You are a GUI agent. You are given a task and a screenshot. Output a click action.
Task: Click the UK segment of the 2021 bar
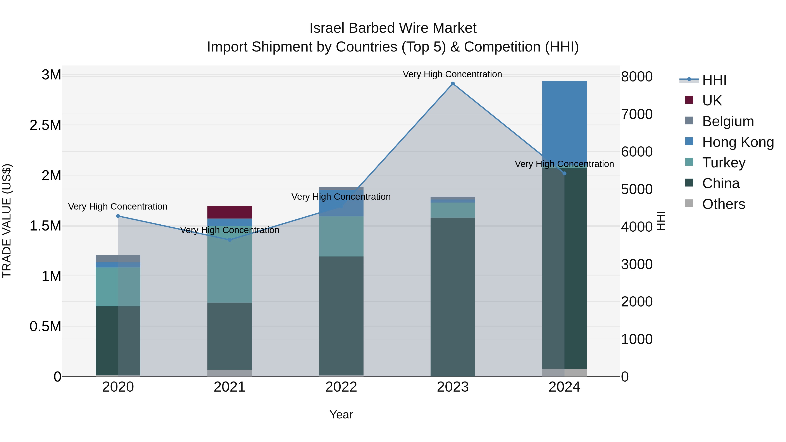pyautogui.click(x=229, y=212)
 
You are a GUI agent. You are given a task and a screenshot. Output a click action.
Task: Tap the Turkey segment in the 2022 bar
pyautogui.click(x=341, y=236)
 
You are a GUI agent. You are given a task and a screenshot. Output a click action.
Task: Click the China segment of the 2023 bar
pyautogui.click(x=453, y=296)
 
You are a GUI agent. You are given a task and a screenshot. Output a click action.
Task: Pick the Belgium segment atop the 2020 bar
pyautogui.click(x=118, y=258)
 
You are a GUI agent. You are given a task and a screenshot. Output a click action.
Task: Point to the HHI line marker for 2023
pyautogui.click(x=453, y=84)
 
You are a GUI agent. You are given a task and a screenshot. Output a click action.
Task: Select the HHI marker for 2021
pyautogui.click(x=230, y=240)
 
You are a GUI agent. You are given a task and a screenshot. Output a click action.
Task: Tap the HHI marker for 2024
pyautogui.click(x=564, y=173)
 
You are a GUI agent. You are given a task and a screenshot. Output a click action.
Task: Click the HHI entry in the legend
pyautogui.click(x=714, y=80)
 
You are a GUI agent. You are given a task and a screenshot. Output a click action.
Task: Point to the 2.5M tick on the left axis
pyautogui.click(x=45, y=125)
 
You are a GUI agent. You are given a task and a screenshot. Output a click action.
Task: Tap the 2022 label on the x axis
pyautogui.click(x=341, y=387)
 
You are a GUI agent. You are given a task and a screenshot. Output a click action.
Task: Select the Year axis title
pyautogui.click(x=341, y=414)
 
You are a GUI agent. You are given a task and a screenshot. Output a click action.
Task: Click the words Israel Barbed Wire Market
pyautogui.click(x=393, y=28)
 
